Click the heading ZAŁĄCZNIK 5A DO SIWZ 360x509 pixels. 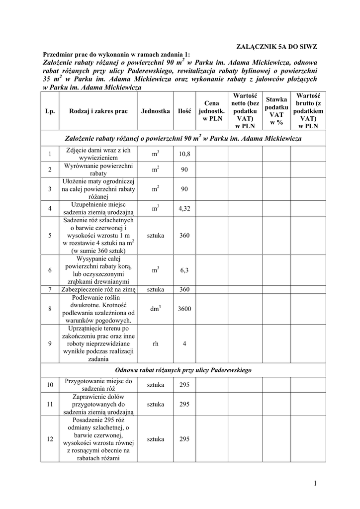tap(276, 46)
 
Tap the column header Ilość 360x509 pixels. tap(184, 112)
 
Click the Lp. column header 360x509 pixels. tap(50, 112)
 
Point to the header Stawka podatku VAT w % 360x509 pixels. tap(276, 111)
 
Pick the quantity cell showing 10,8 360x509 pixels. tap(184, 154)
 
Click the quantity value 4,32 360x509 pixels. tap(184, 208)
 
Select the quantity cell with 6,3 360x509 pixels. tap(184, 270)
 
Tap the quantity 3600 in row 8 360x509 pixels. tap(184, 309)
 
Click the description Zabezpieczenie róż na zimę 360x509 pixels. tap(98, 289)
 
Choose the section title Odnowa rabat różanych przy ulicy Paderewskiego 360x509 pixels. tap(183, 370)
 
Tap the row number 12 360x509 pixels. tap(50, 439)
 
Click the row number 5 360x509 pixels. tap(50, 236)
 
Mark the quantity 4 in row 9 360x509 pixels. tap(184, 343)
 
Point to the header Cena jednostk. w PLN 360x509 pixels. tap(212, 111)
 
